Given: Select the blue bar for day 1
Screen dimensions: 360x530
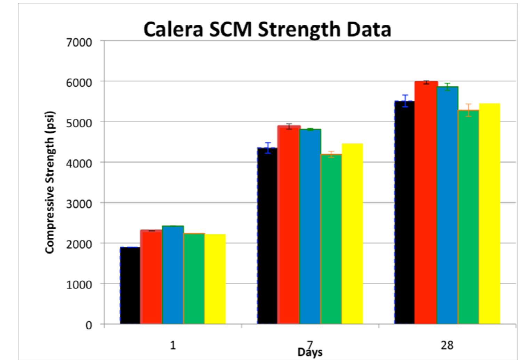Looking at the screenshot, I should coord(173,275).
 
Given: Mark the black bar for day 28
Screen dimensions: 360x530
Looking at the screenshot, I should coord(404,212).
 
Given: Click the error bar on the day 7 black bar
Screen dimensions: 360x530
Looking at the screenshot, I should coord(267,148).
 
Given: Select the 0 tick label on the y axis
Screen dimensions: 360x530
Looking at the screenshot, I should coord(89,325).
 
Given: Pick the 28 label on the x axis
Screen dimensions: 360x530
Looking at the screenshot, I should coord(447,345).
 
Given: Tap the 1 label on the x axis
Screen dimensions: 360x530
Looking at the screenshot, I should coord(173,345).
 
